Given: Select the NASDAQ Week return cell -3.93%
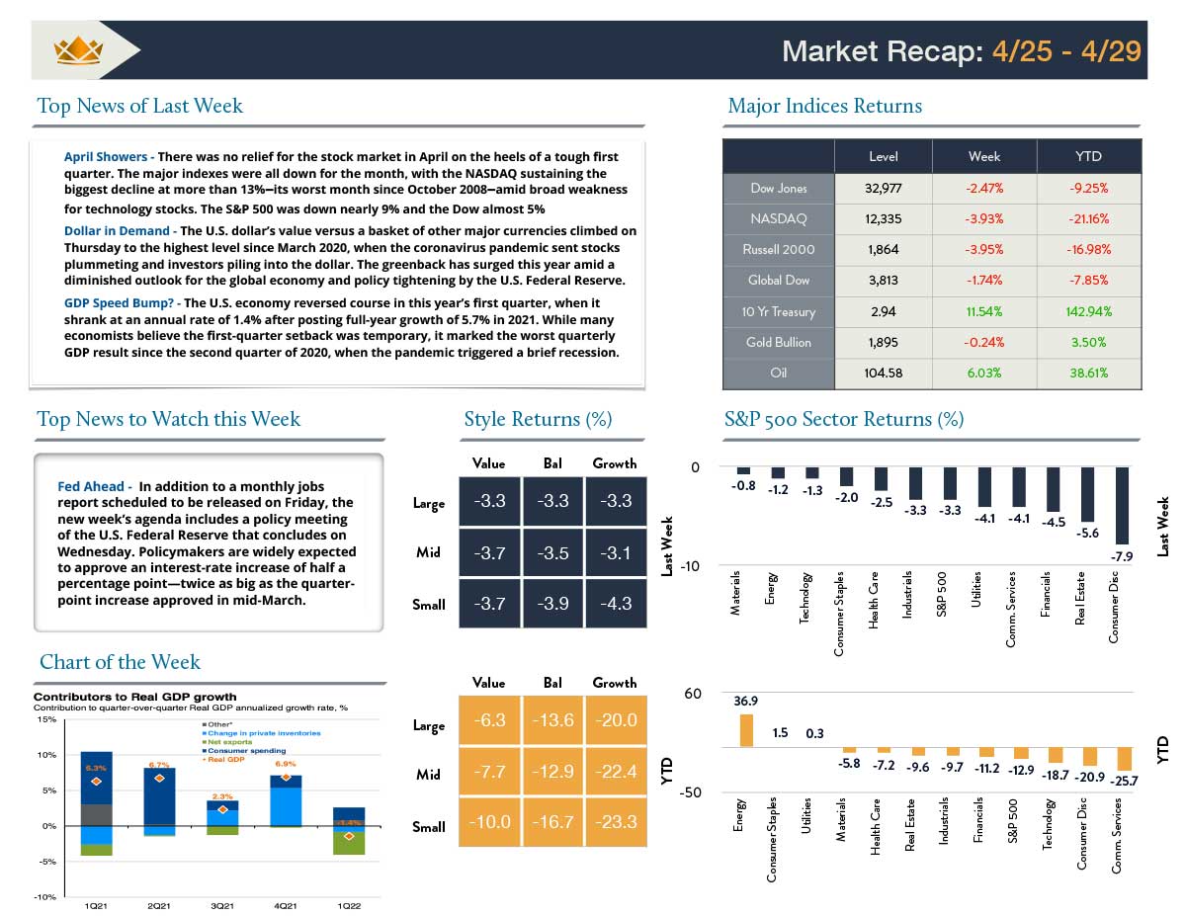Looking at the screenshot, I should [x=983, y=218].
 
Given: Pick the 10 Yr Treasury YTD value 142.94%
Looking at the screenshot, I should [x=1088, y=311].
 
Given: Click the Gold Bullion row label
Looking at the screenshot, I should [x=779, y=343].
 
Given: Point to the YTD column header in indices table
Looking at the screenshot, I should [x=1088, y=157].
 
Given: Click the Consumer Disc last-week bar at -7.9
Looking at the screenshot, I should [x=1122, y=505].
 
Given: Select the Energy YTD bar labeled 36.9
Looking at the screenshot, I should [x=746, y=730].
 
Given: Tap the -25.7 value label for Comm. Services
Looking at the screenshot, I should [x=1125, y=781].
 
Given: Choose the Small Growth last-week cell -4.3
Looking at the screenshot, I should [x=615, y=604].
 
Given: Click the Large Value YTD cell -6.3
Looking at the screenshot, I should [x=490, y=721].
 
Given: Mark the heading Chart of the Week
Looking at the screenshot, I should [x=120, y=662].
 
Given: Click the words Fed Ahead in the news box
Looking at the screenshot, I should [x=91, y=486].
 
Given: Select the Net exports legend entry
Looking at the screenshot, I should [x=229, y=741].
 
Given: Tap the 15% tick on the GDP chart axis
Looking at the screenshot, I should [x=46, y=719].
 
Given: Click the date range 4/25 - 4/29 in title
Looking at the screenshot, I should [x=1063, y=51].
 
